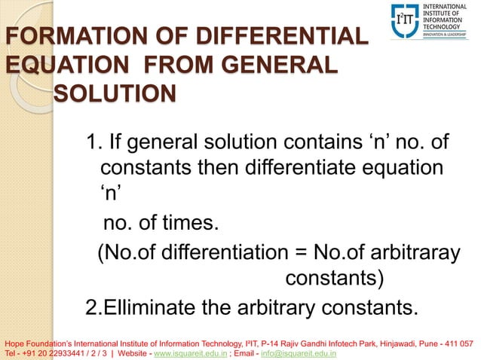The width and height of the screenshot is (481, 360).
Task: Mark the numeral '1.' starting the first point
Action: point(94,141)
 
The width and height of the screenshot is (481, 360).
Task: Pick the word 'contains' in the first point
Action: point(321,141)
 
